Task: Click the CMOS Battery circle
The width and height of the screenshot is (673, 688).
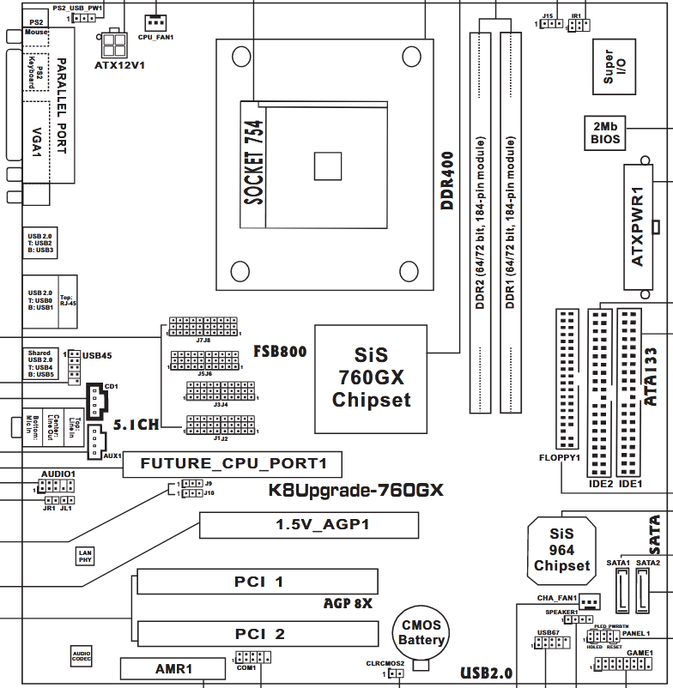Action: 421,634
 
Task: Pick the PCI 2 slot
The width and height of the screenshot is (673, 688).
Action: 258,634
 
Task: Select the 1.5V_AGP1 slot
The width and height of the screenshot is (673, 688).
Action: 310,525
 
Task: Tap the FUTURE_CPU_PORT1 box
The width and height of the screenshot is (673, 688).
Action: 232,465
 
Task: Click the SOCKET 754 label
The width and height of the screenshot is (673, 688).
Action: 255,164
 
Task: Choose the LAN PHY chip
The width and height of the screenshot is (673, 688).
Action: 84,556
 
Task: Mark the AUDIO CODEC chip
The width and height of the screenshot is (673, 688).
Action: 82,657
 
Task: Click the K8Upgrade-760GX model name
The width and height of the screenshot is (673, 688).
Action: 356,491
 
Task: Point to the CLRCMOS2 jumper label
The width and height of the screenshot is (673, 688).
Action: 384,663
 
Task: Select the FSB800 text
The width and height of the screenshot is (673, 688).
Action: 280,352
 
